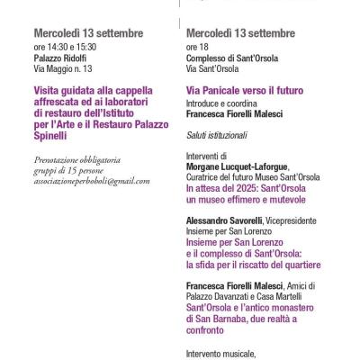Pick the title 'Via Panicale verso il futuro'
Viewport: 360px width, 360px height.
click(x=244, y=91)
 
